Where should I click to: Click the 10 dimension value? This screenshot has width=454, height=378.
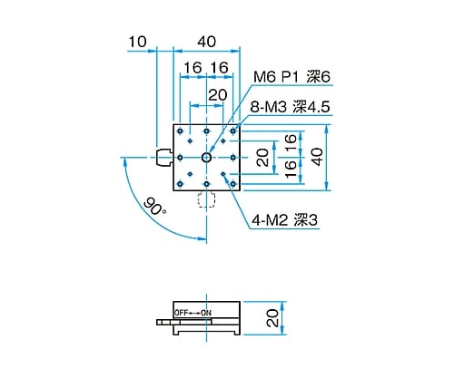pyautogui.click(x=138, y=41)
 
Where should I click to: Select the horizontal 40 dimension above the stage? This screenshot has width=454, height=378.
pyautogui.click(x=206, y=41)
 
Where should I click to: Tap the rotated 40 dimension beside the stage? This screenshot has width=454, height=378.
pyautogui.click(x=316, y=157)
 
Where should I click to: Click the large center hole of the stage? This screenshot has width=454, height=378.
pyautogui.click(x=207, y=158)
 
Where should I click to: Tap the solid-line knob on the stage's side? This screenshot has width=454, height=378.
pyautogui.click(x=163, y=158)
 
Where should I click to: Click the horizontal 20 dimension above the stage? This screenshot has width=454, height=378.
pyautogui.click(x=218, y=94)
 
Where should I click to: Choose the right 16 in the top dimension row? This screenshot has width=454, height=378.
pyautogui.click(x=219, y=68)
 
